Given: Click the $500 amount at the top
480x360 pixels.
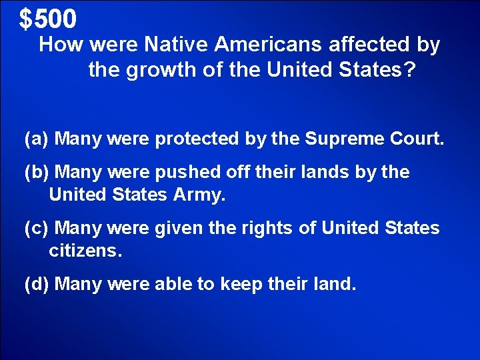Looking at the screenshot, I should (x=48, y=19).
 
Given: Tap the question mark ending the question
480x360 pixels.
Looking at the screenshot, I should (x=409, y=70).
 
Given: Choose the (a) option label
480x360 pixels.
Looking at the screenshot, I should (x=36, y=139).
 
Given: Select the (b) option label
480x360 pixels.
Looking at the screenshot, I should (x=36, y=173).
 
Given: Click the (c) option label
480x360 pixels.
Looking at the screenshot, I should (x=36, y=229).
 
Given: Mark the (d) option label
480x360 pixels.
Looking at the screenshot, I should (x=36, y=285).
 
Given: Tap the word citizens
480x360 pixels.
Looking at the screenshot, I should (x=85, y=251).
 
